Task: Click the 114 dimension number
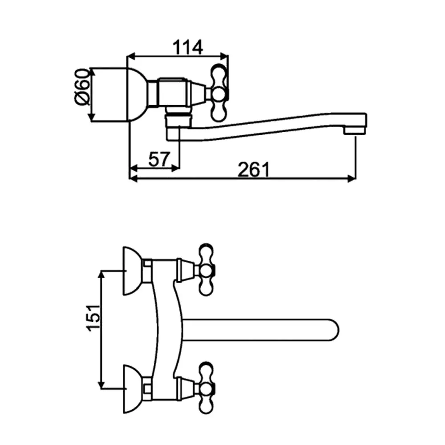188,47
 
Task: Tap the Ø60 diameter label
82,87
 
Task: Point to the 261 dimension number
254,170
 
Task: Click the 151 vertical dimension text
93,318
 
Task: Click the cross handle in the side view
219,93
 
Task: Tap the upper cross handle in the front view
206,270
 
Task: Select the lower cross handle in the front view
206,388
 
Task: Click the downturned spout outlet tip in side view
355,130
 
